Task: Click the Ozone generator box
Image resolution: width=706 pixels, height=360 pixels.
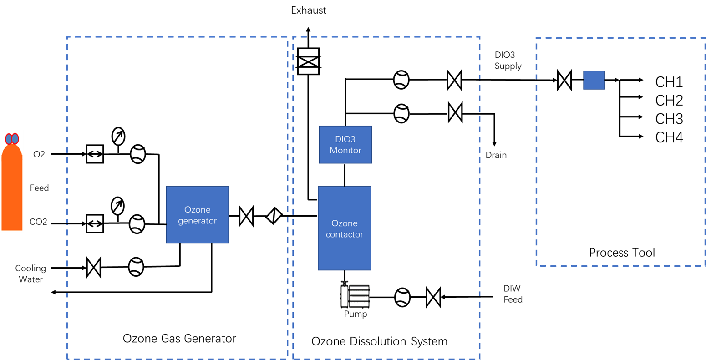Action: (197, 215)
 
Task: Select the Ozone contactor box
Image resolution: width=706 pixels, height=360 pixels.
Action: (344, 228)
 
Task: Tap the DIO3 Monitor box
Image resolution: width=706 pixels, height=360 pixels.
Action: (345, 145)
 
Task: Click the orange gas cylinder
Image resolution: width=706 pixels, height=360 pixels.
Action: (12, 187)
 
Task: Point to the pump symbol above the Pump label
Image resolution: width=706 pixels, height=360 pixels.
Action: (355, 296)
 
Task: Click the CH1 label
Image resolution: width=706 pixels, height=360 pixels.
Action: (669, 82)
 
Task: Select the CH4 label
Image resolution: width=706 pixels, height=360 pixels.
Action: (669, 137)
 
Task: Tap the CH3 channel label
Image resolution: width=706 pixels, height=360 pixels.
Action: (669, 119)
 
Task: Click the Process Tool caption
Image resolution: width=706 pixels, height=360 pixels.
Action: (622, 253)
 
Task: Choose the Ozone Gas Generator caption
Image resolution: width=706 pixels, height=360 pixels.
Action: (179, 339)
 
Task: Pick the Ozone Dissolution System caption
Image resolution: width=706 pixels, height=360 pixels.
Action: (379, 341)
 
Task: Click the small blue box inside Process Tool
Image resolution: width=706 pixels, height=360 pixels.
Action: (594, 80)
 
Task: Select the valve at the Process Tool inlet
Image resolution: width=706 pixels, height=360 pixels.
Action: (564, 81)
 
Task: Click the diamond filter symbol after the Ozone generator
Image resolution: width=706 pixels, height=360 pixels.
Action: (274, 216)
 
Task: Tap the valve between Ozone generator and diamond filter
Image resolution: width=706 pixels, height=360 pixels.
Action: (246, 216)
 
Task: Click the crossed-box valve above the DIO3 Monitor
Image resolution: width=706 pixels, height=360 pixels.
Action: (308, 61)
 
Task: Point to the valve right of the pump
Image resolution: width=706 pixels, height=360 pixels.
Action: (433, 298)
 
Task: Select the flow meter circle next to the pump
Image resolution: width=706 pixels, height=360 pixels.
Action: (402, 298)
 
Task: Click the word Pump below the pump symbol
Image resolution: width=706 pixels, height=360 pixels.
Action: (355, 314)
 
